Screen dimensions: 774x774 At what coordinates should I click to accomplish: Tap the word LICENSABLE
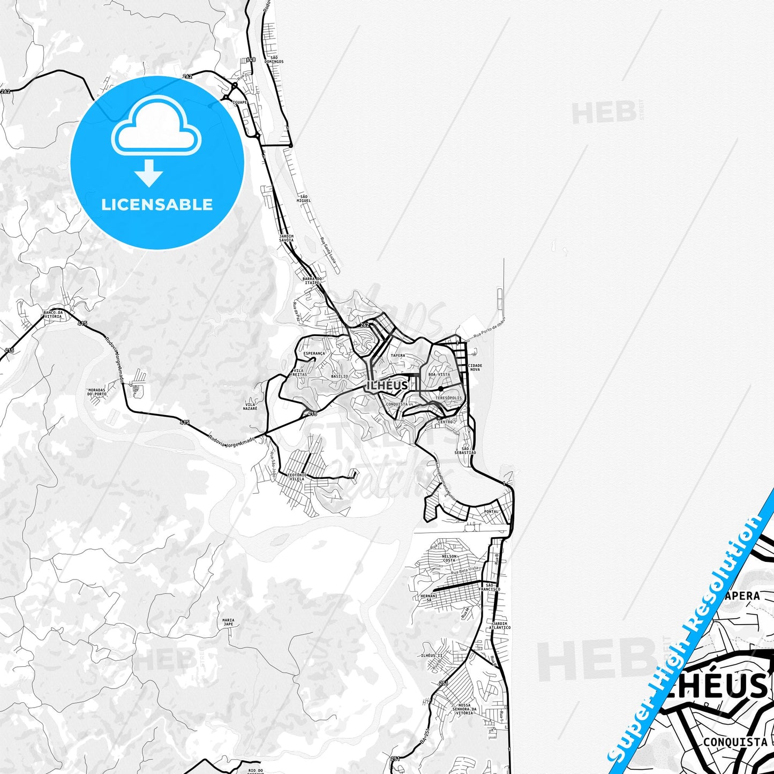click(157, 205)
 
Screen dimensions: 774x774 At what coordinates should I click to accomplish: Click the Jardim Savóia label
click(287, 238)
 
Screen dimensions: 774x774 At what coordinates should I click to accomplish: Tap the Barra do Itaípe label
click(312, 281)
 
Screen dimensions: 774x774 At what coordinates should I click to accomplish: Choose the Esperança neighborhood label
click(314, 354)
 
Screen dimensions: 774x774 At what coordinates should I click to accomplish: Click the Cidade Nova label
click(475, 367)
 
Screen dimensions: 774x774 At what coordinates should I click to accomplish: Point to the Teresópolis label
click(448, 398)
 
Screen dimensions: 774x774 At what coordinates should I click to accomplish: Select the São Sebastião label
click(465, 450)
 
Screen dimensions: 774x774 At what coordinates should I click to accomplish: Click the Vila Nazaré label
click(250, 406)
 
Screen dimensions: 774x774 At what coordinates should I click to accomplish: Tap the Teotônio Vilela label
click(297, 476)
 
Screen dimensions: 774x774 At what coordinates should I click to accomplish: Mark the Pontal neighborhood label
click(491, 512)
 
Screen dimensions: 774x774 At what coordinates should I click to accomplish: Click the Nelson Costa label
click(449, 558)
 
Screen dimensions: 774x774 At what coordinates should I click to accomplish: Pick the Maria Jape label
click(228, 622)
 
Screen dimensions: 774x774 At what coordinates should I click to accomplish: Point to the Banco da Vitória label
click(53, 314)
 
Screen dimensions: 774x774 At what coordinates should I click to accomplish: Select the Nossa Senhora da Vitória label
click(462, 709)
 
